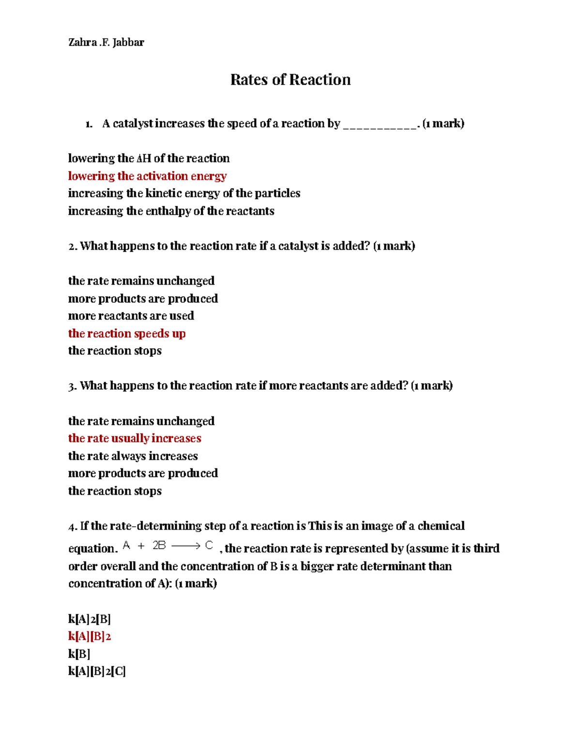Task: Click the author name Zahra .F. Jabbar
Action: click(x=106, y=43)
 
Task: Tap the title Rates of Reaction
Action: click(x=290, y=80)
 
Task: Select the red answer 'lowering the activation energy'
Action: click(x=147, y=176)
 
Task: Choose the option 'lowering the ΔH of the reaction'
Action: click(x=149, y=159)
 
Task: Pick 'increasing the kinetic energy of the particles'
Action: click(x=184, y=193)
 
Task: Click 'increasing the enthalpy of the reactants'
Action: click(x=171, y=211)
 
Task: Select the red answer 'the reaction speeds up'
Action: click(x=127, y=334)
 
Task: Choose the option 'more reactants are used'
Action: click(x=131, y=316)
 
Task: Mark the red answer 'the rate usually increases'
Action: click(x=135, y=438)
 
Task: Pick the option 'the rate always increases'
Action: click(x=133, y=456)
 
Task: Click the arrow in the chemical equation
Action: click(x=185, y=546)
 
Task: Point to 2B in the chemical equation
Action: click(x=159, y=545)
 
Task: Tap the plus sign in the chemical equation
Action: click(x=141, y=546)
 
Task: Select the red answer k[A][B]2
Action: click(x=90, y=637)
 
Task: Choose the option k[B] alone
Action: click(x=79, y=654)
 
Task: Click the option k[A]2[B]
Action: click(x=90, y=619)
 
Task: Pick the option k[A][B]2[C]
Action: click(x=97, y=672)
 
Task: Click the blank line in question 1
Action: click(x=380, y=126)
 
